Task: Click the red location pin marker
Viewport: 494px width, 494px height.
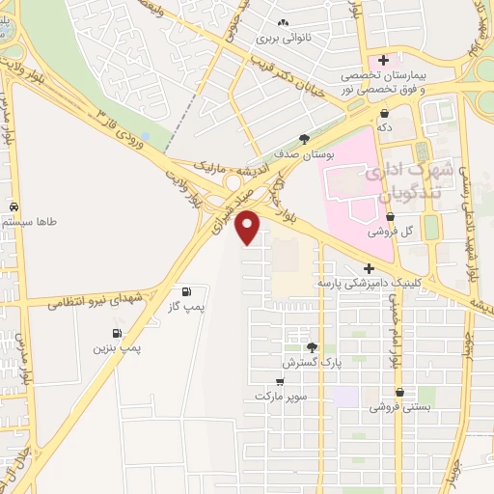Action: tap(248, 226)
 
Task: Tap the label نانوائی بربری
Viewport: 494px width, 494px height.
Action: tap(281, 41)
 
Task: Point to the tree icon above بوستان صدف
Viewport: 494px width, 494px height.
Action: tap(305, 139)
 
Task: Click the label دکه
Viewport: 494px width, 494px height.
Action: tap(384, 126)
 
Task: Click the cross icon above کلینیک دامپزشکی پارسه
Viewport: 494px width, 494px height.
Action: tap(370, 268)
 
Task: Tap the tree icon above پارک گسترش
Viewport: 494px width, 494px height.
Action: tap(311, 347)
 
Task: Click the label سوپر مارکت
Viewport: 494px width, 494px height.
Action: tap(281, 397)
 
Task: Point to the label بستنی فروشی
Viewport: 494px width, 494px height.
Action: tap(400, 407)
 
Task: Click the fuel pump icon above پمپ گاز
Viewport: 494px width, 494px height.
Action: tap(186, 291)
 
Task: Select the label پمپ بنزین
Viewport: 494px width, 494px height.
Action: tap(118, 347)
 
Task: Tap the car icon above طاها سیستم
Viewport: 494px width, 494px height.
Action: tap(14, 206)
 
